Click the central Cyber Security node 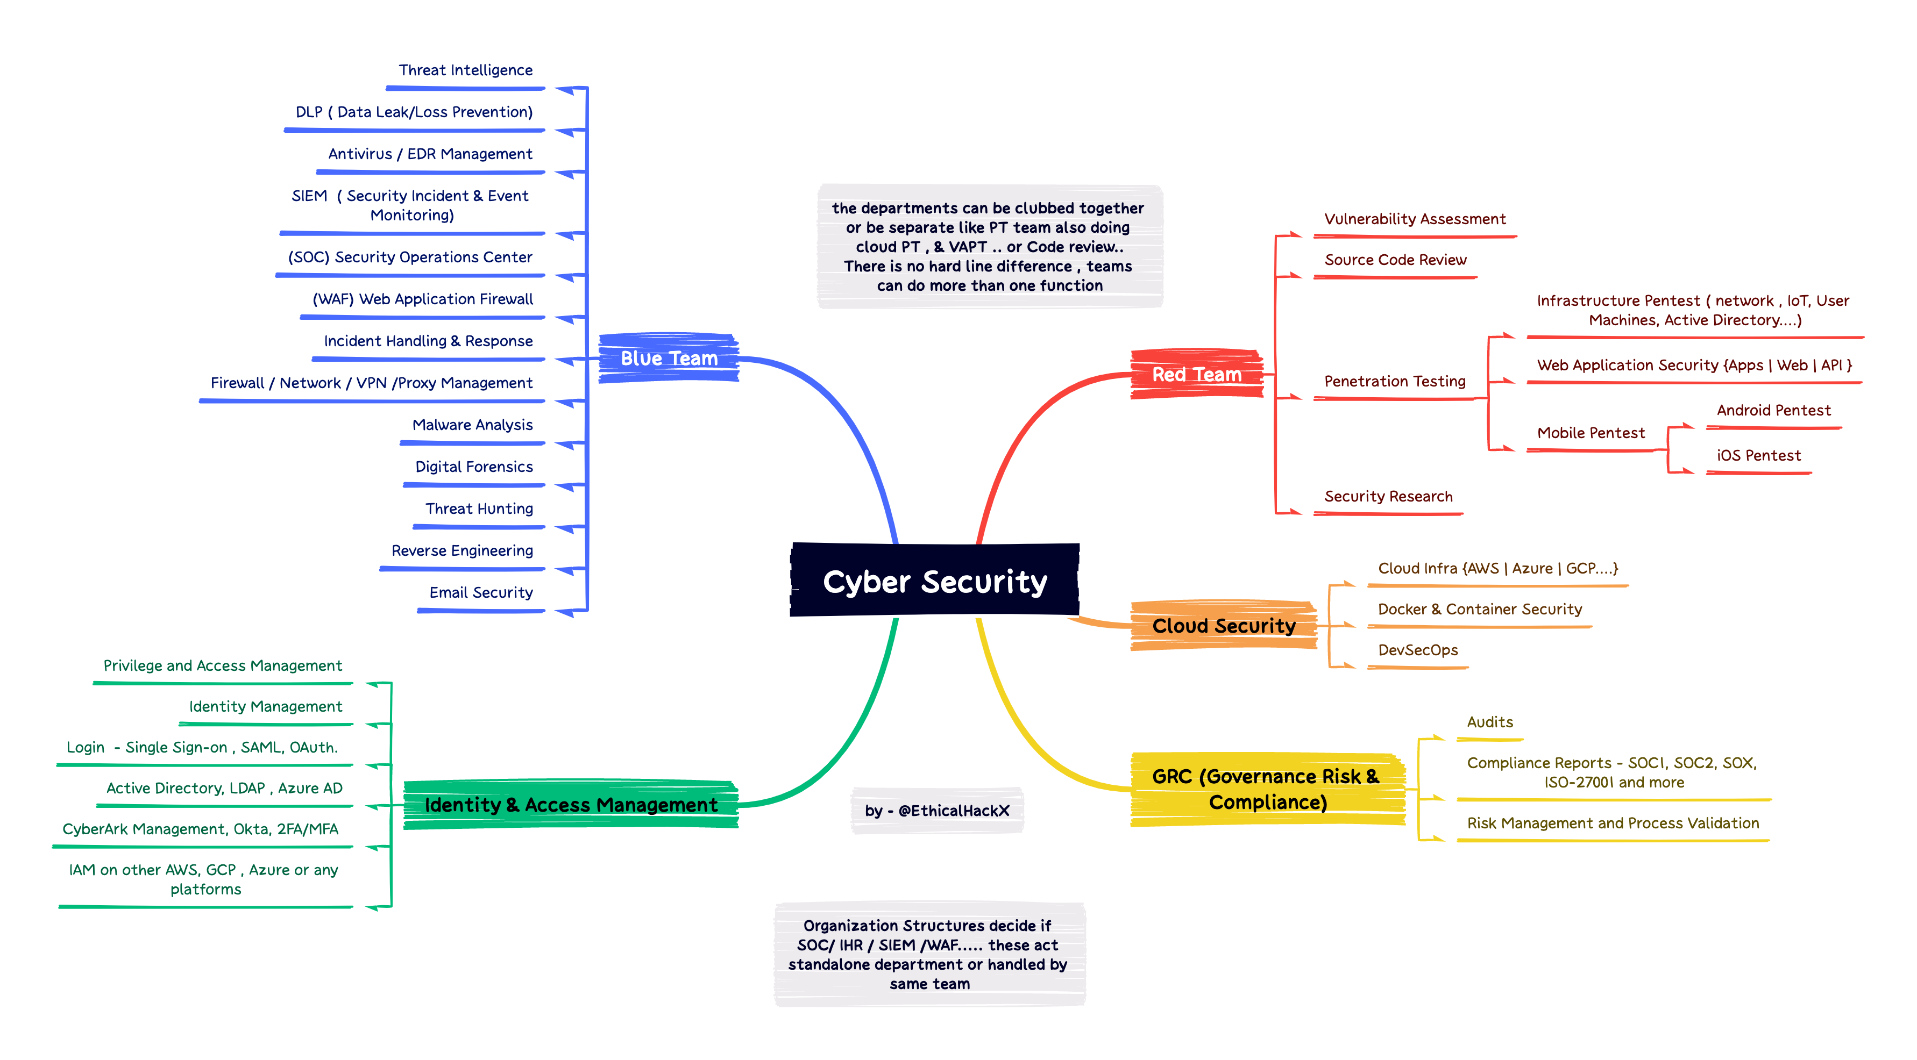(x=935, y=581)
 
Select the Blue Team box (x=669, y=359)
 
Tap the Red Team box (x=1197, y=374)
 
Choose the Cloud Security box (x=1224, y=626)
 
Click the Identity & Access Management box (x=571, y=805)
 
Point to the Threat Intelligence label (x=466, y=70)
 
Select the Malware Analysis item (x=473, y=425)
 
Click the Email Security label (x=481, y=593)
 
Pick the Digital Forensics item (x=474, y=467)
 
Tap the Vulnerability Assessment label (x=1415, y=219)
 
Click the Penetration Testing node (x=1395, y=382)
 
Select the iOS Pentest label (x=1758, y=456)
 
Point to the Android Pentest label (x=1773, y=411)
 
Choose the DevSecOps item (x=1418, y=650)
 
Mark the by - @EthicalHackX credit (x=937, y=811)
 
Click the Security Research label (x=1388, y=497)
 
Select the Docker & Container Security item (x=1479, y=609)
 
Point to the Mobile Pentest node (x=1591, y=433)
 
